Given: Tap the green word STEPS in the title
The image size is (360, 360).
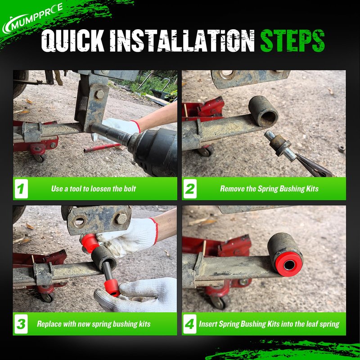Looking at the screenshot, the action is [292, 40].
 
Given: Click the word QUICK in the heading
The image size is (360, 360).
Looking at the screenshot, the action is [72, 40].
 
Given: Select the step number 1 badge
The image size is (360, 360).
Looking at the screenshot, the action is [21, 189].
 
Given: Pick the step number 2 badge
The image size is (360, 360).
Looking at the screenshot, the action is [190, 189].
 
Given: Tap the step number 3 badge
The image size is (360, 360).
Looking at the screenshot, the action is [21, 324].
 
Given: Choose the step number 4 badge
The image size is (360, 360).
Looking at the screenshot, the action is [190, 324].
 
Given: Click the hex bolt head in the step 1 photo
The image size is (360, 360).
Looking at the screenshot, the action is [99, 94].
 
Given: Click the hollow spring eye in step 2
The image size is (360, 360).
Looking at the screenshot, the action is [264, 111].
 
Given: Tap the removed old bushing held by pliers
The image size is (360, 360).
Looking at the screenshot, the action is [280, 145].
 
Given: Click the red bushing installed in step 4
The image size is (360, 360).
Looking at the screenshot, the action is [289, 264].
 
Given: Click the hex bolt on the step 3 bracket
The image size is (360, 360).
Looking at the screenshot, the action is [121, 219].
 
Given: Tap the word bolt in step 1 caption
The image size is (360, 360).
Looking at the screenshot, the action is [130, 189].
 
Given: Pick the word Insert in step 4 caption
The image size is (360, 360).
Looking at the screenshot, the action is [207, 324].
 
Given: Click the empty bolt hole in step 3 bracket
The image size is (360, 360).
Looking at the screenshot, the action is [79, 221].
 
